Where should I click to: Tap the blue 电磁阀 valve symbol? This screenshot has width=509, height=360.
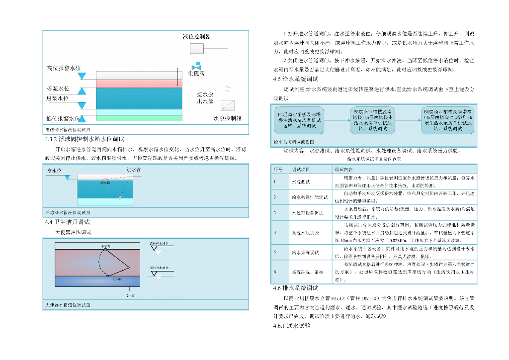(x=197, y=67)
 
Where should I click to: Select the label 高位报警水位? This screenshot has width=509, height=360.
(x=64, y=68)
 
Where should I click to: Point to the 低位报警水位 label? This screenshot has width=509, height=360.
(x=63, y=118)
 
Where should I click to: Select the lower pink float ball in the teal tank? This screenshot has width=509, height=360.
(x=120, y=198)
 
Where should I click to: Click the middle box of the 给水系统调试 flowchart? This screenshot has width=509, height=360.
(x=372, y=120)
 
